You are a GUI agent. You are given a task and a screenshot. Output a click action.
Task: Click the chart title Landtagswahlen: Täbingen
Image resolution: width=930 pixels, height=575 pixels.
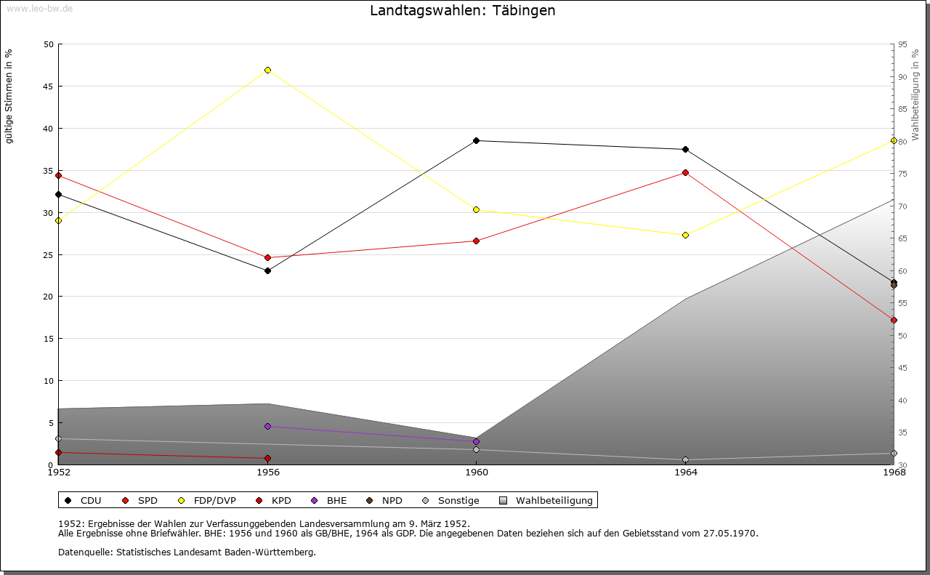(463, 11)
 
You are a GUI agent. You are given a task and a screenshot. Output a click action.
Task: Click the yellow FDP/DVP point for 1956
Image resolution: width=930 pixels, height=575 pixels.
(268, 70)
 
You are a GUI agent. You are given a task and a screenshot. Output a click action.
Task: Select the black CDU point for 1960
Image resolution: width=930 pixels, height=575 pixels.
(477, 140)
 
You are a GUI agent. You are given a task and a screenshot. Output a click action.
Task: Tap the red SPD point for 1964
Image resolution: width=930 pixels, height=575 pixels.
(685, 172)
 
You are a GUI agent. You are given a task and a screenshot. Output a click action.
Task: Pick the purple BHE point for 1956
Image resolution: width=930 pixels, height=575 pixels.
(268, 426)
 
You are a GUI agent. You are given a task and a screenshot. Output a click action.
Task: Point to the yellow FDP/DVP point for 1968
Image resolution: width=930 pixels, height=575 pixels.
(894, 140)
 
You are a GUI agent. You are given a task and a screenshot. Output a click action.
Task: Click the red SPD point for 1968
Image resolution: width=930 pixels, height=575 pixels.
(894, 320)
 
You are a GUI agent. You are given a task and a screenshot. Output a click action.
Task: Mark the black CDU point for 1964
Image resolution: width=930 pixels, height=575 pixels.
(685, 149)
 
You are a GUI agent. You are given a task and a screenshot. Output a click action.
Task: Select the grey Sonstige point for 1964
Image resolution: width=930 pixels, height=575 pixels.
(685, 459)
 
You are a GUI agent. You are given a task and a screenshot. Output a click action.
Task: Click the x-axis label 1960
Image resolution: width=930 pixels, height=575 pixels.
(477, 473)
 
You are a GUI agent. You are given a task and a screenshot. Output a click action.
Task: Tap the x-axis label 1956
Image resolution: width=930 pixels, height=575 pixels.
(268, 473)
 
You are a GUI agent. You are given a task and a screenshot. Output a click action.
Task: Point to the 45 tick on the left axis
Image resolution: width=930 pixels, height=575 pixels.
(48, 87)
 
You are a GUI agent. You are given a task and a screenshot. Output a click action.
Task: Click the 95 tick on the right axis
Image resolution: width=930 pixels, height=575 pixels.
(902, 44)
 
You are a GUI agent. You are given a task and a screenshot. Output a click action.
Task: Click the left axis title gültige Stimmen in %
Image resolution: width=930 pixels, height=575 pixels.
(9, 96)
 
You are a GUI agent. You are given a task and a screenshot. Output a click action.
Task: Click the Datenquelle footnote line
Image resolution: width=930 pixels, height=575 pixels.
(187, 552)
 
